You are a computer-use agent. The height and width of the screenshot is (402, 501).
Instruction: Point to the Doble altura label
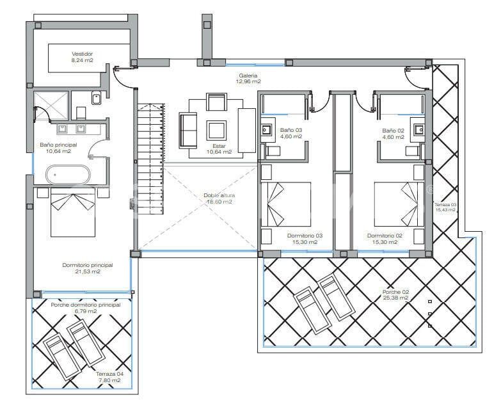(218, 198)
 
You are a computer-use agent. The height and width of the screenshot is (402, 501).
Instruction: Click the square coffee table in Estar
(216, 131)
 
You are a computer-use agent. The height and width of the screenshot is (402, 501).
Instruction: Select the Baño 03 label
(290, 133)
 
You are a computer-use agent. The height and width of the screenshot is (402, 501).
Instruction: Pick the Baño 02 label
(394, 133)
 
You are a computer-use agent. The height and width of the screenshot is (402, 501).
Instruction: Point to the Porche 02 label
(395, 295)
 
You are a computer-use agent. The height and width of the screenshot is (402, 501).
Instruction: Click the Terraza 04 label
(107, 377)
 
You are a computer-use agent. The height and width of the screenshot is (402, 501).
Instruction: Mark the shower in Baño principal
(51, 104)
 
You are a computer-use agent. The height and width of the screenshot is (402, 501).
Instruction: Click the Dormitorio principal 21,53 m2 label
(88, 268)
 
